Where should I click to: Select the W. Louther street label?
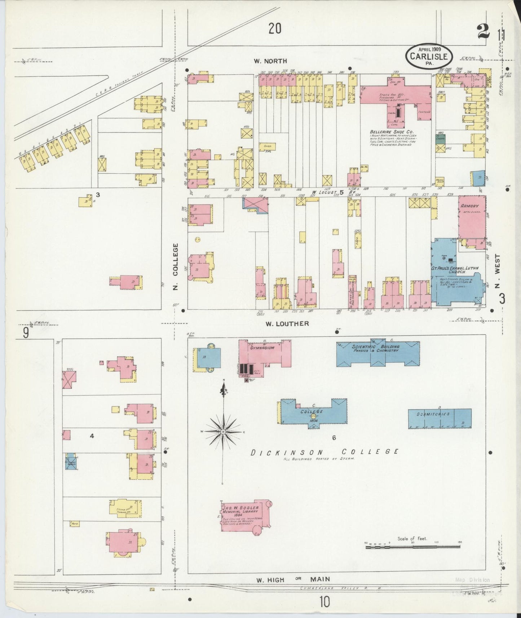287,323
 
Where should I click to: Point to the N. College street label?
175,260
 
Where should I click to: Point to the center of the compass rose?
223,431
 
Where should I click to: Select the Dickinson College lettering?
324,452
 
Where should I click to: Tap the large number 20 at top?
274,28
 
